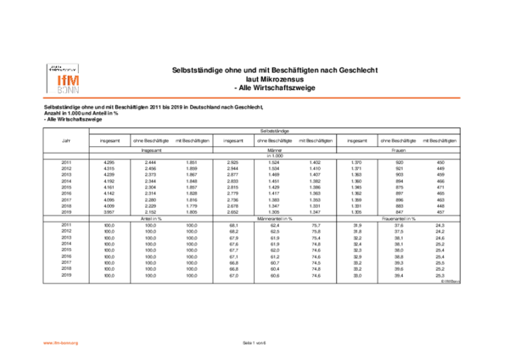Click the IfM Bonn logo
click(64, 78)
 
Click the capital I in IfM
click(59, 81)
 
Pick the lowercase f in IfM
click(63, 81)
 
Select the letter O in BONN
click(64, 90)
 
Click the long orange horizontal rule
click(255, 98)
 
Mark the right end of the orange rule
click(461, 98)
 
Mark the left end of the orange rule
click(43, 98)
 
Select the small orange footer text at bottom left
click(60, 343)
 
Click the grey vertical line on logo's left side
click(48, 78)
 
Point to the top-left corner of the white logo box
click(45, 61)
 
